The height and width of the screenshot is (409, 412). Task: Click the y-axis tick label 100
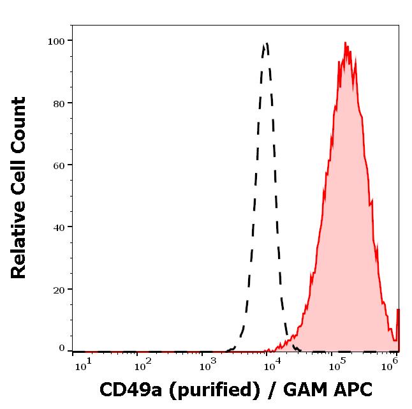(x=56, y=41)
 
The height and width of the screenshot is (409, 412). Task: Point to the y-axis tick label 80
(x=59, y=103)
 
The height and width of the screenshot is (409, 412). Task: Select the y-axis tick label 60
(x=59, y=165)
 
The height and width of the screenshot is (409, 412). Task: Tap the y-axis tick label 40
(x=59, y=227)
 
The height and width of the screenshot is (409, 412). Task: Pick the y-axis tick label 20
(x=59, y=289)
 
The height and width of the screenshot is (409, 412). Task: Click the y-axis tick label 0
(x=62, y=348)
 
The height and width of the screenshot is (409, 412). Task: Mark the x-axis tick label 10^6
(x=391, y=364)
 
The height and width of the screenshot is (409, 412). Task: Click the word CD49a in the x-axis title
(x=130, y=389)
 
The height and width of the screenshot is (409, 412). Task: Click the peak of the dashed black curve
(x=266, y=43)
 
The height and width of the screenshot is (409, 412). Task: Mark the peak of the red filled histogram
(x=345, y=43)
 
